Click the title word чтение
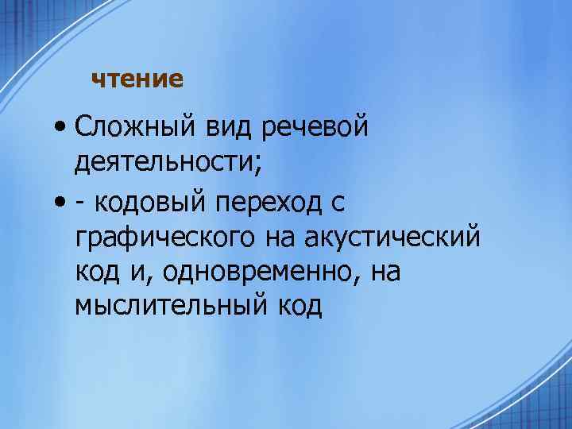pyautogui.click(x=137, y=79)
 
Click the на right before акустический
pyautogui.click(x=299, y=238)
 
